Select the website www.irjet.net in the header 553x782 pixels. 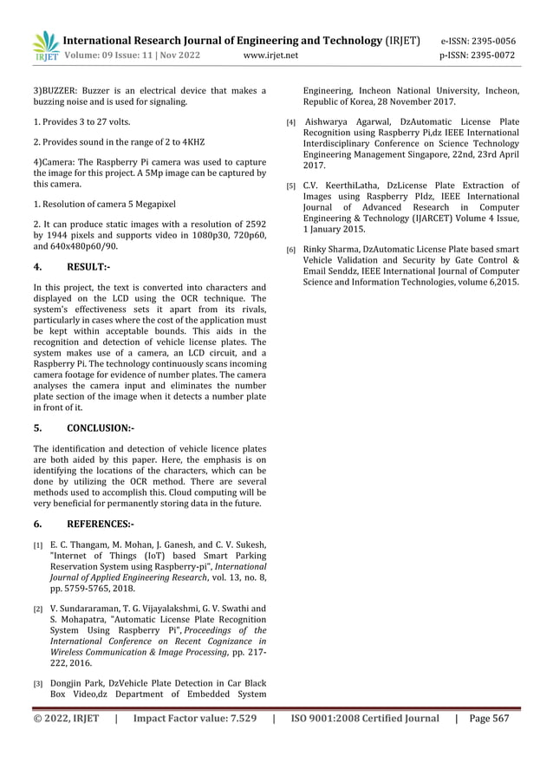[271, 55]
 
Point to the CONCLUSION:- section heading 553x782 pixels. [101, 427]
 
